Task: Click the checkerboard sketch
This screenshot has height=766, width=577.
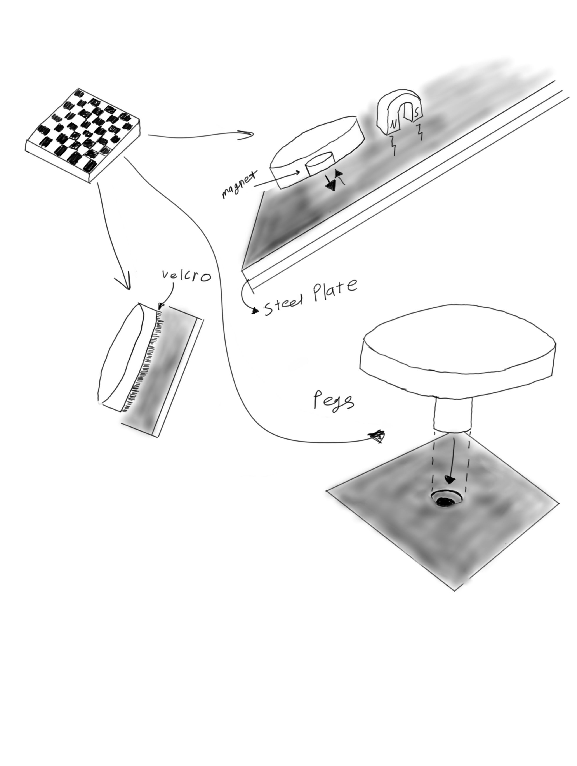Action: pos(83,135)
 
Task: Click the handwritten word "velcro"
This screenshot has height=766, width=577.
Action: pos(186,276)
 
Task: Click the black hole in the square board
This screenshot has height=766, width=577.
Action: pos(445,501)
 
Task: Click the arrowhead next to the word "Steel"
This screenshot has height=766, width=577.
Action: pos(255,311)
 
